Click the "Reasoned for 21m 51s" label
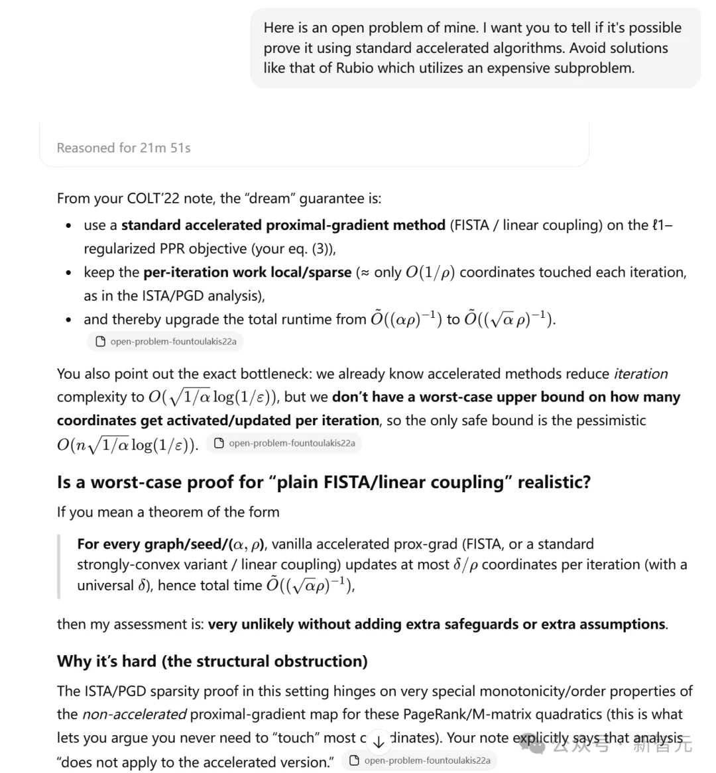(123, 148)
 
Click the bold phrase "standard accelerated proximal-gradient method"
(283, 225)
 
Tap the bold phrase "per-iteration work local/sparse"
(247, 272)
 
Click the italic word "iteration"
(640, 374)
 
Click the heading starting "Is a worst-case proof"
(324, 482)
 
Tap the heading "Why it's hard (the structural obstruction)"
(212, 661)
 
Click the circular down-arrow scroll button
(379, 742)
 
